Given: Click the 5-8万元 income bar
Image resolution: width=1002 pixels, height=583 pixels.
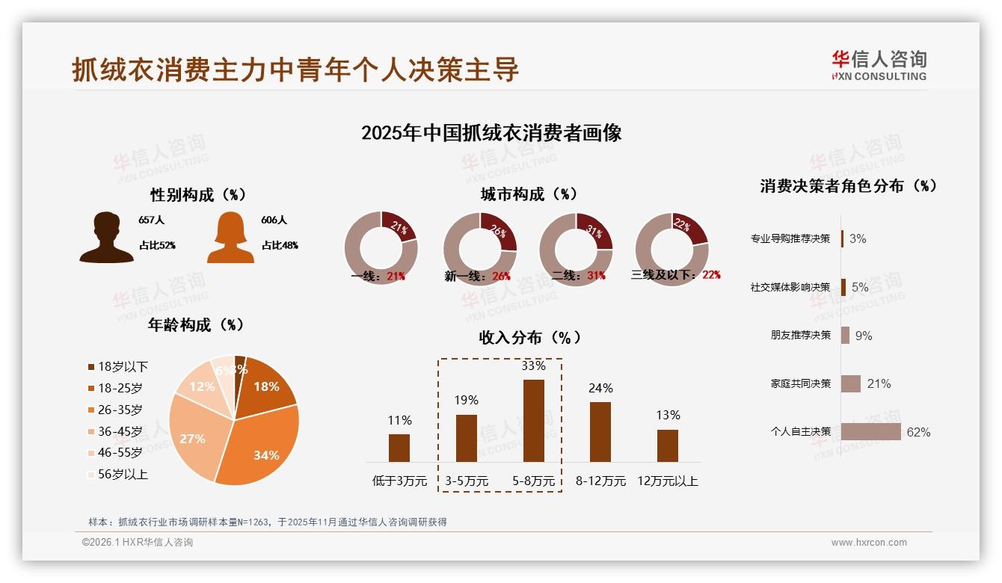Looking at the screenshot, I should (533, 420).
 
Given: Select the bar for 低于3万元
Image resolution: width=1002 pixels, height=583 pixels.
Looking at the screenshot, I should (399, 448).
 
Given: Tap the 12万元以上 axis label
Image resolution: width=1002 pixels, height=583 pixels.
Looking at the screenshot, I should (667, 481).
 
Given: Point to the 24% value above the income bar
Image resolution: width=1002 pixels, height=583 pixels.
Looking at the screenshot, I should (600, 388).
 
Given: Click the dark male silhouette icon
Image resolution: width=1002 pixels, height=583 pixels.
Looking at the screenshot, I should (107, 237).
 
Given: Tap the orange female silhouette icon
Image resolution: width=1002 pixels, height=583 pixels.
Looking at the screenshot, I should (230, 237).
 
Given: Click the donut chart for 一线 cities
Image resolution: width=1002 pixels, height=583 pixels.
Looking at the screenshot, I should (381, 247).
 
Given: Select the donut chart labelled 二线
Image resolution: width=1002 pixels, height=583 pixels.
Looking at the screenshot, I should (576, 247).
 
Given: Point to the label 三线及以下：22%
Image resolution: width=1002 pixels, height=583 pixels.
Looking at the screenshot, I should (675, 275).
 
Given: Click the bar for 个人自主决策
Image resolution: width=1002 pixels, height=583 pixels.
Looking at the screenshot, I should (870, 432).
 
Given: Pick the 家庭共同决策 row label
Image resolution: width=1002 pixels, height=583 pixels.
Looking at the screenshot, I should (800, 383).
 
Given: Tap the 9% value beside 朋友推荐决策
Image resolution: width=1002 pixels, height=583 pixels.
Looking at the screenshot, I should (864, 336).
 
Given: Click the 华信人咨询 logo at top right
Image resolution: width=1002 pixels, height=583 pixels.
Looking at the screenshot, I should (879, 66).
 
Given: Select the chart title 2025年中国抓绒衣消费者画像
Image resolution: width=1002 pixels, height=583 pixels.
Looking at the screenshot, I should (491, 133).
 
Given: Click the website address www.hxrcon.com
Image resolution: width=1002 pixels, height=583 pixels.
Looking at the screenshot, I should (868, 543).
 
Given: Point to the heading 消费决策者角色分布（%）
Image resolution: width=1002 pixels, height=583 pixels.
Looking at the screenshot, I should (848, 186).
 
